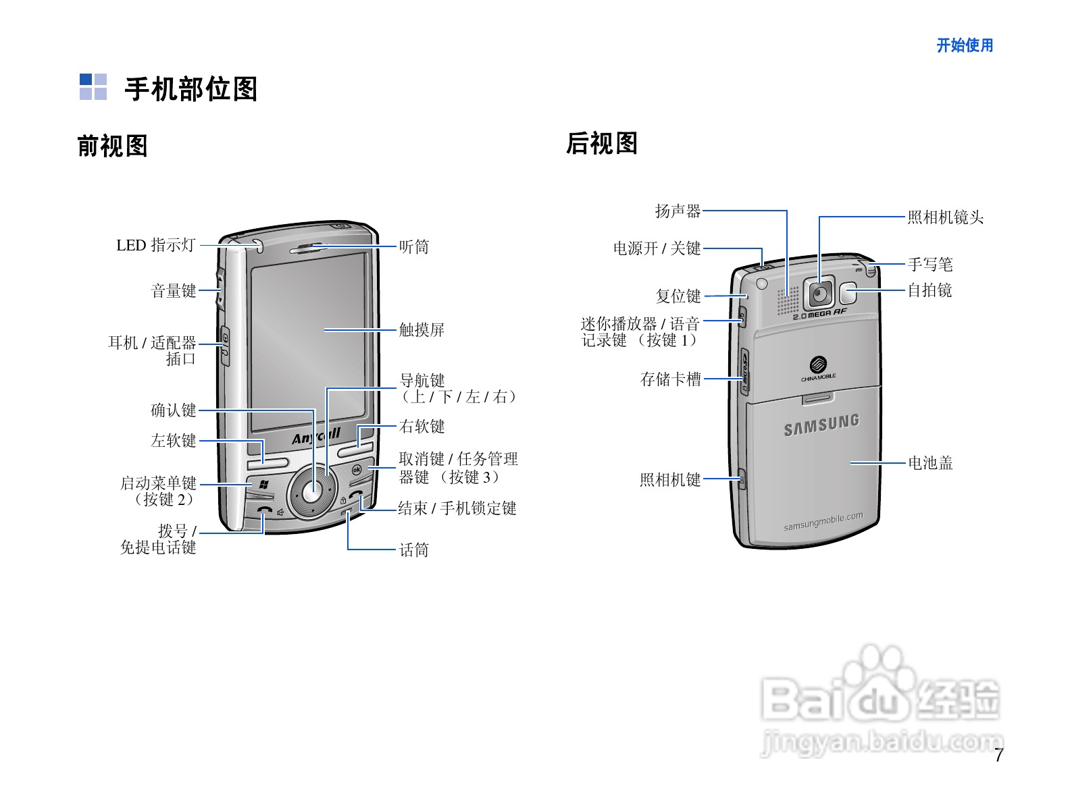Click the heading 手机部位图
pos(190,89)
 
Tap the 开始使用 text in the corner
pos(965,45)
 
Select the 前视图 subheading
pos(112,146)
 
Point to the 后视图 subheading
pos(601,143)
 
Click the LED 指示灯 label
pos(156,245)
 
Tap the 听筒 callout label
pos(413,247)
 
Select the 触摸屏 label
pos(422,329)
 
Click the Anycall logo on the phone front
pos(316,436)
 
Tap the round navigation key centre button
pos(311,493)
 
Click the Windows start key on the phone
pos(263,484)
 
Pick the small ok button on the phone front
pos(357,469)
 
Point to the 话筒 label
pos(413,550)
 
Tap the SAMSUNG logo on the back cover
pos(821,425)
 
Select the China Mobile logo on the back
pos(819,368)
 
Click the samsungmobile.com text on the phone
pos(823,522)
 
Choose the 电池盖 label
pos(930,463)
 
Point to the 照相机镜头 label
pos(945,217)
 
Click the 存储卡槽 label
pos(670,379)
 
